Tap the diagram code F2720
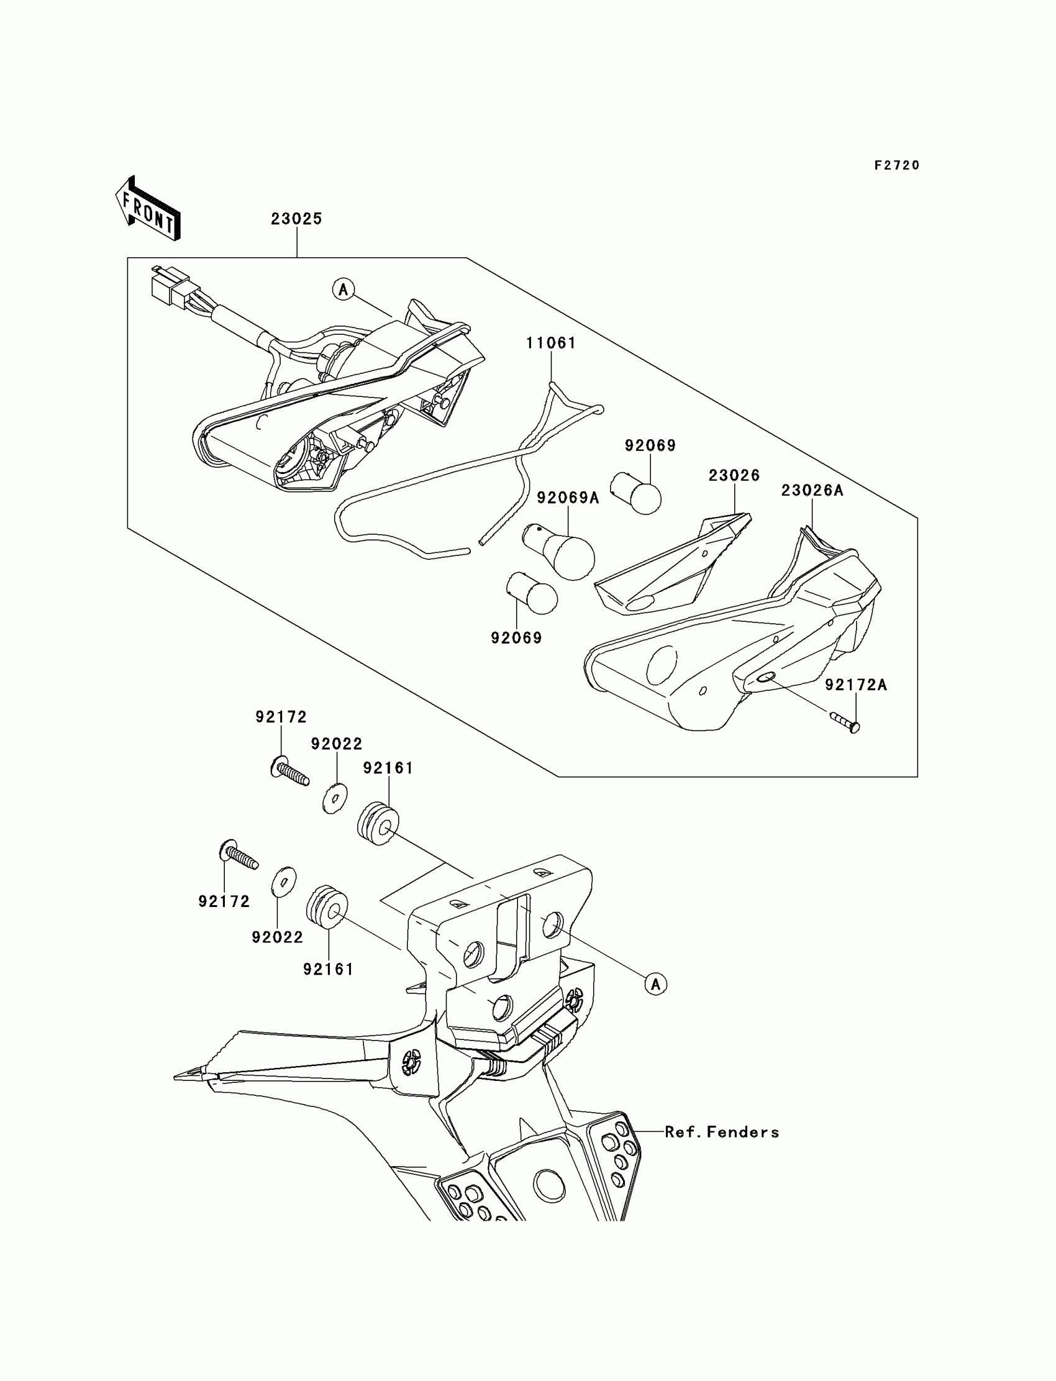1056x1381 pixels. (897, 165)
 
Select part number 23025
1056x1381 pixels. (297, 219)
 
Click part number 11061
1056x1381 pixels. (551, 342)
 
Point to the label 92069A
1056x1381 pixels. (568, 498)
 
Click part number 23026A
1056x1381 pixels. (812, 490)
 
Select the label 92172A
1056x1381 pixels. (855, 685)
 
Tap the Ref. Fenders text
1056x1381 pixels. (722, 1132)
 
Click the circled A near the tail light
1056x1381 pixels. (343, 289)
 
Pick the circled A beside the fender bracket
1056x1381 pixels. (656, 985)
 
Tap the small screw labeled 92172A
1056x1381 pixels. (844, 722)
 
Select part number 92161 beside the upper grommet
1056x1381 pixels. (388, 767)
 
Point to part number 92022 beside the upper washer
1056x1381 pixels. (336, 744)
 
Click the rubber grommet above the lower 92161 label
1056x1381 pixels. (327, 905)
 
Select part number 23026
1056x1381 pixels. (734, 475)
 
